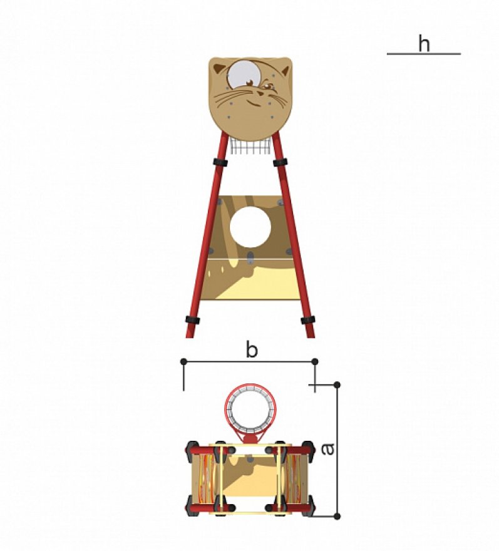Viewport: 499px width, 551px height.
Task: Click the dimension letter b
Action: pos(251,351)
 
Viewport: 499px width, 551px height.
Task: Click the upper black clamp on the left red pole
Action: pos(220,162)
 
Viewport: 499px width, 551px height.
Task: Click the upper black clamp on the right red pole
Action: pos(280,162)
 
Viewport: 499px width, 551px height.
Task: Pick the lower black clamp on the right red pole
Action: pos(307,320)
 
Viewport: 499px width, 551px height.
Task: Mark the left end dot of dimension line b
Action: pos(183,361)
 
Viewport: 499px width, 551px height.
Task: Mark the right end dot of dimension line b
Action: pos(314,361)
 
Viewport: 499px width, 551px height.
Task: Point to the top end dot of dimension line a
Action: pos(337,384)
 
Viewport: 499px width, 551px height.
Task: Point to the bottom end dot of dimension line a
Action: pos(337,517)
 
